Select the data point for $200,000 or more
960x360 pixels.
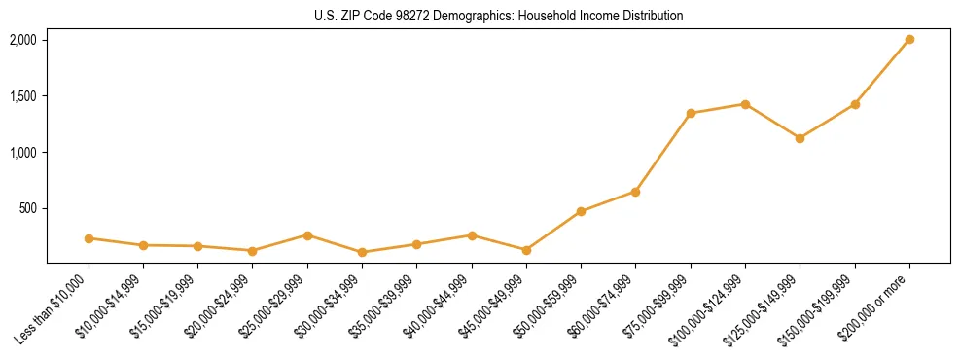909,40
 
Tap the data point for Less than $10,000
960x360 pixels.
89,238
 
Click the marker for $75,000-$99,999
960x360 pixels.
691,113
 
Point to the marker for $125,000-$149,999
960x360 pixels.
800,138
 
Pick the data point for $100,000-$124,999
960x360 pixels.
745,104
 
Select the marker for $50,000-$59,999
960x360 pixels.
581,211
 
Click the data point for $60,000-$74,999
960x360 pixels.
635,192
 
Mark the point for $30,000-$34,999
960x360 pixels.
362,252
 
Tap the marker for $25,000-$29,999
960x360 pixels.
307,235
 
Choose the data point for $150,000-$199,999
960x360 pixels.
855,104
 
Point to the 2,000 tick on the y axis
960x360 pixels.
22,40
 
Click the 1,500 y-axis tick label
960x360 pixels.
22,96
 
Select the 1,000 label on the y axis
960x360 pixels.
22,153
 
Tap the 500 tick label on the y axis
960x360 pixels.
27,208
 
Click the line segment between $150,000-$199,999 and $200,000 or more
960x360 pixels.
882,72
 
